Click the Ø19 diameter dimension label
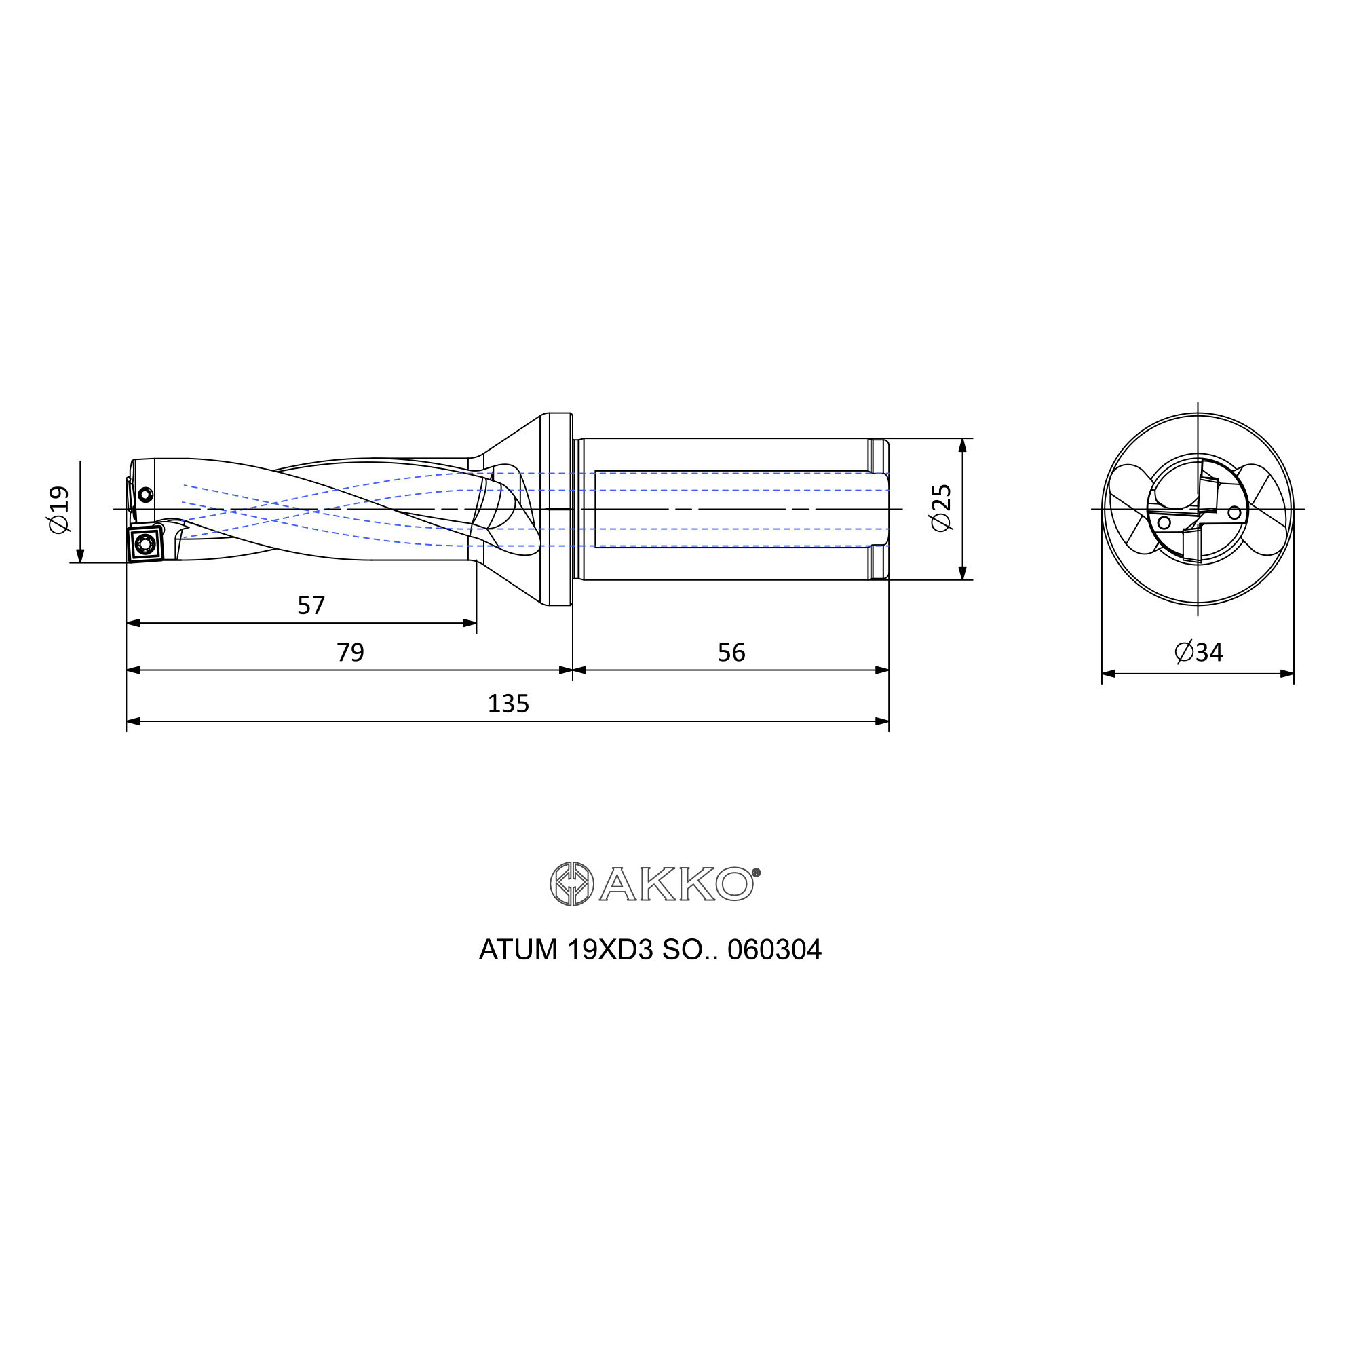pyautogui.click(x=60, y=510)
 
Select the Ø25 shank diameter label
pyautogui.click(x=940, y=508)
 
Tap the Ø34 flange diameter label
pyautogui.click(x=1199, y=653)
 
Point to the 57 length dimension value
pyautogui.click(x=311, y=605)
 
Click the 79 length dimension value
pyautogui.click(x=351, y=653)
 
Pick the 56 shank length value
pyautogui.click(x=731, y=653)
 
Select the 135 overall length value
pyautogui.click(x=508, y=703)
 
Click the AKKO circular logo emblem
pyautogui.click(x=572, y=883)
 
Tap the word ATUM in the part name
pyautogui.click(x=518, y=950)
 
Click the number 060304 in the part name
pyautogui.click(x=774, y=950)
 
